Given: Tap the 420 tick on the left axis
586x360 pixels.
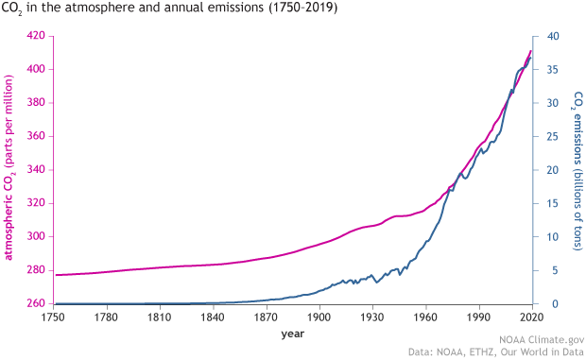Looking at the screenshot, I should click(36, 36).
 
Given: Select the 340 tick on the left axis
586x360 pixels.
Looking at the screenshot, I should click(36, 170).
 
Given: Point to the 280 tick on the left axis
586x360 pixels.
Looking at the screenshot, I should click(36, 270).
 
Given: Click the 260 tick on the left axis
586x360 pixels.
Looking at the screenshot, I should click(36, 304).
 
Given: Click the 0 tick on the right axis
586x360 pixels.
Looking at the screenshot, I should click(552, 304).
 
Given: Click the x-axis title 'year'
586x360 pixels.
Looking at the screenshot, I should click(292, 334).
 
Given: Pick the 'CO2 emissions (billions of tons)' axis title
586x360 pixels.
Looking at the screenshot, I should click(577, 170).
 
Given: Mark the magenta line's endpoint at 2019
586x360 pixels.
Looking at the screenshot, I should click(530, 51).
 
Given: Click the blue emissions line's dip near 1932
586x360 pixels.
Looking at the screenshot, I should click(376, 283).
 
